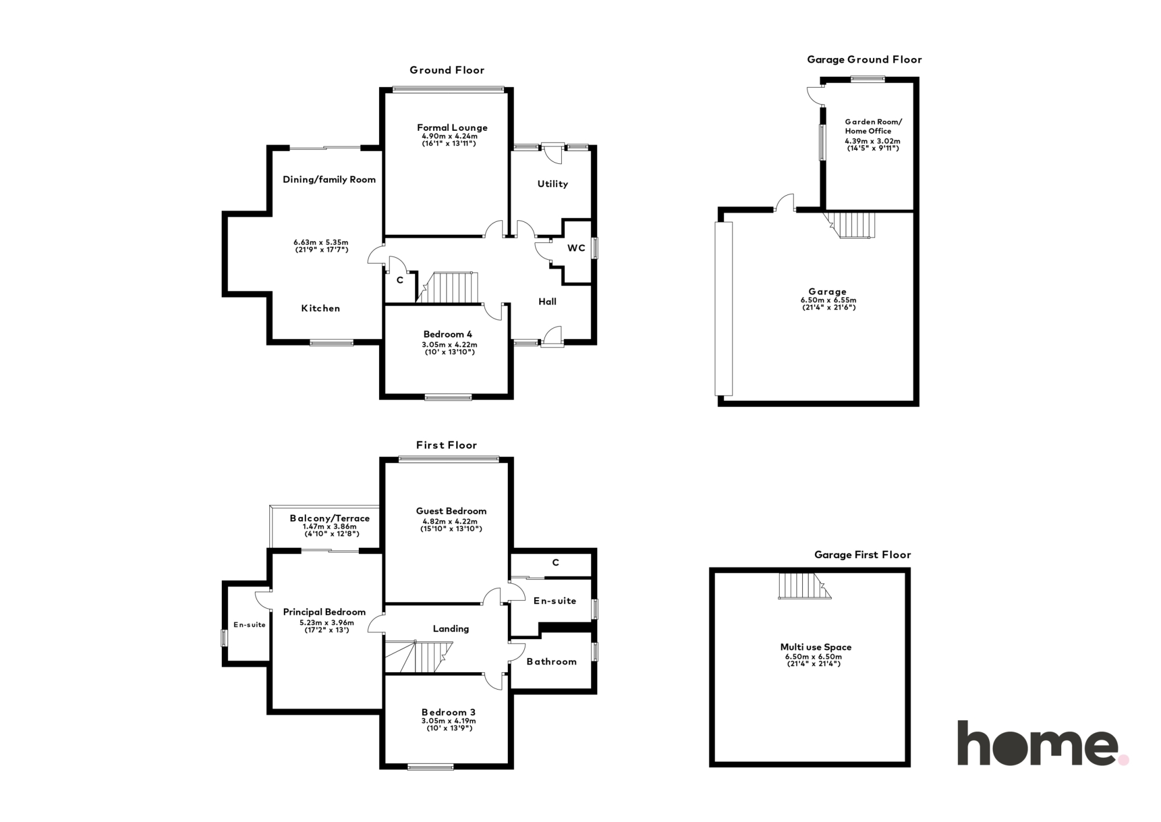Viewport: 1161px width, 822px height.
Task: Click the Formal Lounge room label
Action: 452,128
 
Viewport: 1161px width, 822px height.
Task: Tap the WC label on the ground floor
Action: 576,248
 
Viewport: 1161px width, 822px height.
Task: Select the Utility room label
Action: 553,184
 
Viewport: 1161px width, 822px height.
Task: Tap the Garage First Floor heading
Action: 863,555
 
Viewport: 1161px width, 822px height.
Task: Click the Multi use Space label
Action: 816,647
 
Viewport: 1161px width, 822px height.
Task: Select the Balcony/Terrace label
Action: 330,518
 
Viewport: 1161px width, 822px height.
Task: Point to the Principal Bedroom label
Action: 324,612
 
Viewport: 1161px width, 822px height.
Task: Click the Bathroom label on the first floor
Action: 551,662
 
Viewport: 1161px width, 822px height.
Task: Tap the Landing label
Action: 451,629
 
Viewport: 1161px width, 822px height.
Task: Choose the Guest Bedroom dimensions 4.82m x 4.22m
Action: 451,522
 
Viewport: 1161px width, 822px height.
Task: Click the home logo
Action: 1043,743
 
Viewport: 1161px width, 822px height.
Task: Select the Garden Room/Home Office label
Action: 873,126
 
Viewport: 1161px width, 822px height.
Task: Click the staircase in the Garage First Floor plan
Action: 805,586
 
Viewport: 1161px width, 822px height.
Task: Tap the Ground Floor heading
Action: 447,70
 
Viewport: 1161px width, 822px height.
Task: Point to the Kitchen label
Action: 320,308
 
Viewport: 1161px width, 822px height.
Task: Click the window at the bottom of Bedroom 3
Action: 431,767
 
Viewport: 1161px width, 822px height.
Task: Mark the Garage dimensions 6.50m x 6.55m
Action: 828,300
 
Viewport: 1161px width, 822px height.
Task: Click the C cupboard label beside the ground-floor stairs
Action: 400,280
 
